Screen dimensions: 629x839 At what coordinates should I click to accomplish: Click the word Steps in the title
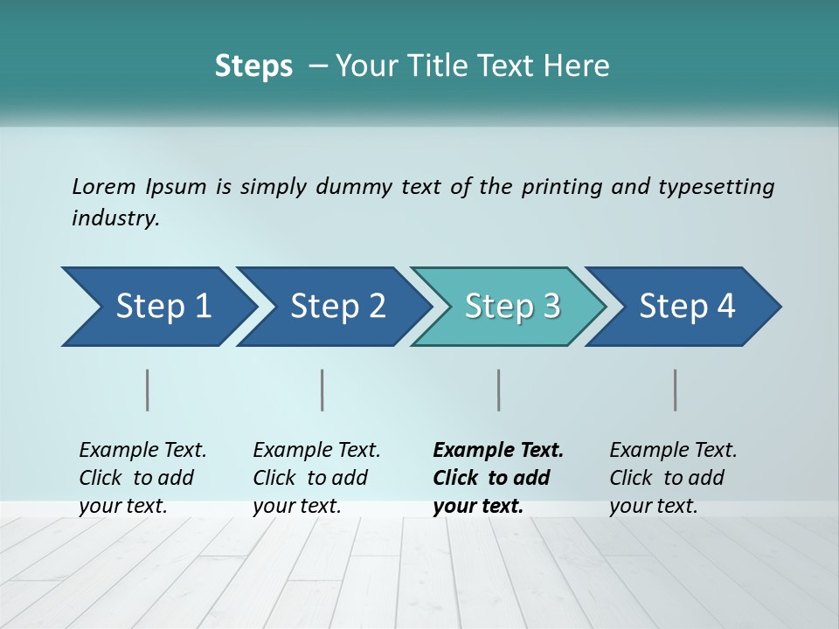[253, 66]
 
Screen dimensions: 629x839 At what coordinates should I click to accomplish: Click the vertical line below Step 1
[148, 390]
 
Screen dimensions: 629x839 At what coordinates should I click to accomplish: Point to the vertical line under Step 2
[322, 390]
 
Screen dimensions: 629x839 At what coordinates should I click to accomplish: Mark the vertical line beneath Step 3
[499, 390]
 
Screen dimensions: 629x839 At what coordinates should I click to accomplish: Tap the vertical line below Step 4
[676, 390]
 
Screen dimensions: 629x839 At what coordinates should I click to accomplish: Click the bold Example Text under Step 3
[498, 478]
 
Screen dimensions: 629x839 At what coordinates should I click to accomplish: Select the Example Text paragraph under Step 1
[142, 478]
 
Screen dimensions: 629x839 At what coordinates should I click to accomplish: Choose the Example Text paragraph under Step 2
[316, 478]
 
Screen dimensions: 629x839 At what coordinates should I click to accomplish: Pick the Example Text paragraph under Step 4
[673, 478]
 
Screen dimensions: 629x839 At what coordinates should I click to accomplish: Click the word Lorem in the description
[104, 187]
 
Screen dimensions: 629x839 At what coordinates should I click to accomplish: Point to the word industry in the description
[114, 218]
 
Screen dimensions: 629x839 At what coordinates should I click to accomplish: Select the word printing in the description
[559, 187]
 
